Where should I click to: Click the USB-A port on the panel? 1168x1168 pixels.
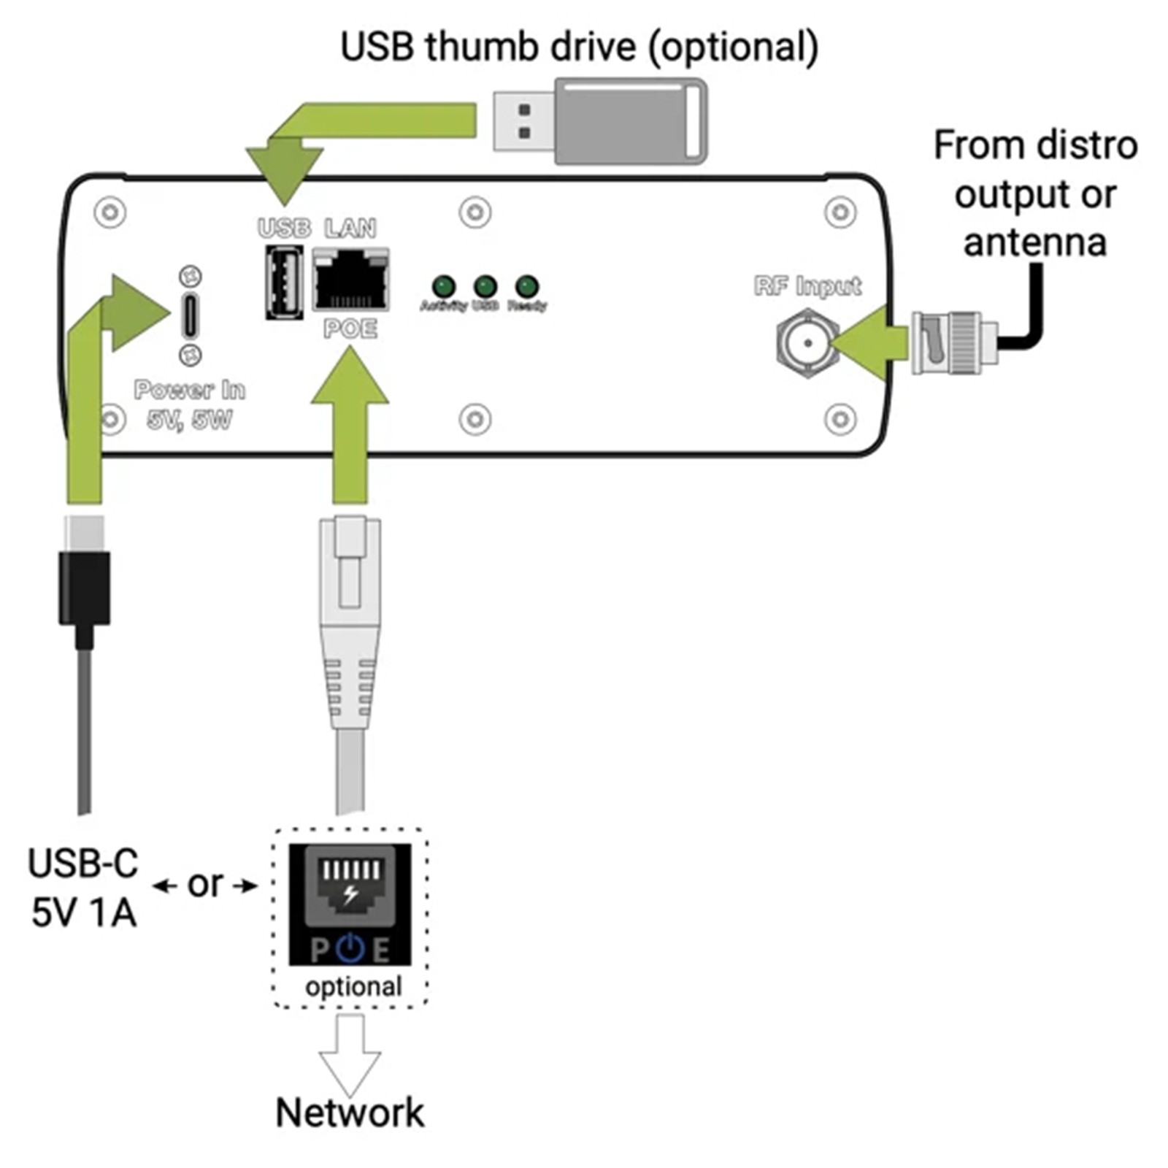coord(283,282)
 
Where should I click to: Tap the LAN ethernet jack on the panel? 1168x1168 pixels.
coord(350,280)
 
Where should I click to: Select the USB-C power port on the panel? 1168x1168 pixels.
coord(190,315)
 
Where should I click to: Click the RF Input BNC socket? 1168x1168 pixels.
coord(807,342)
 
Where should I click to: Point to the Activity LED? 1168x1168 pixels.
coord(444,286)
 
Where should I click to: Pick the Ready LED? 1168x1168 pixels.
coord(527,286)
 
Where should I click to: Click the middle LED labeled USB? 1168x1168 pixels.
coord(485,286)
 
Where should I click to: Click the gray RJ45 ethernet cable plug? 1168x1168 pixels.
coord(350,620)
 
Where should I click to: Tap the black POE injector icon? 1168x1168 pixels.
coord(350,904)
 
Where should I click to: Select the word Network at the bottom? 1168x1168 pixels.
coord(350,1113)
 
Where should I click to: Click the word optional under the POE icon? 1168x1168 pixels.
coord(353,987)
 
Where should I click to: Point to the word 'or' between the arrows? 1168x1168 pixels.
coord(205,884)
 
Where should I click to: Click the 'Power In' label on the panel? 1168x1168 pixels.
coord(190,390)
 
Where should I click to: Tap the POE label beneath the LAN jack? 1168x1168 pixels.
coord(350,328)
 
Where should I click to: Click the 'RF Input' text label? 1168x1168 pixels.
coord(807,286)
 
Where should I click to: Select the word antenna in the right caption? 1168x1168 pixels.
coord(1034,242)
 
